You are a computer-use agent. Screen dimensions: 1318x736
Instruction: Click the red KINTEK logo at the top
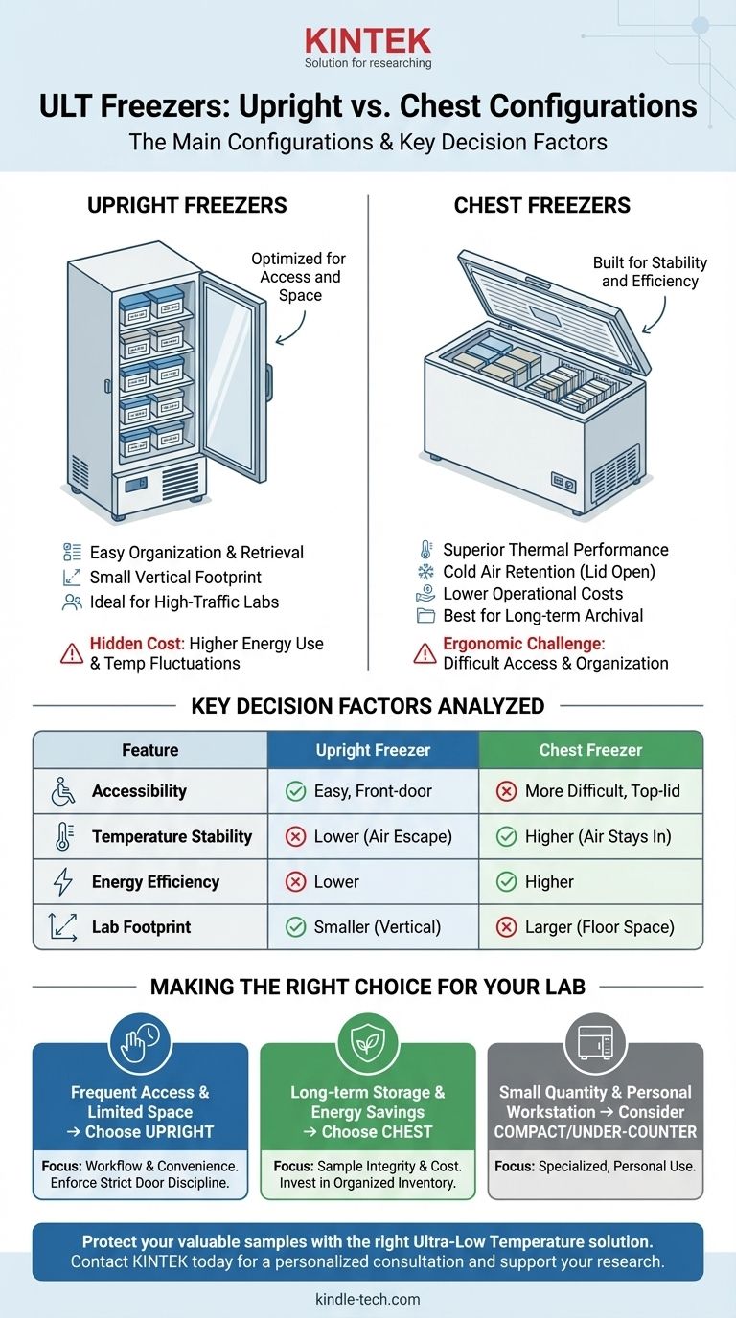point(368,40)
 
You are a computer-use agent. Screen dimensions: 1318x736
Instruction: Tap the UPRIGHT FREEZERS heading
point(187,206)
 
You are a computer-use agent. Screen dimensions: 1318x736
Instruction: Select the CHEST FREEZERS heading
point(541,206)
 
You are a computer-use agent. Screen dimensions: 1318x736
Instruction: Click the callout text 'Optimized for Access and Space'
point(298,277)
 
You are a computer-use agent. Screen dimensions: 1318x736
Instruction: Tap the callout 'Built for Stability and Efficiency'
point(650,271)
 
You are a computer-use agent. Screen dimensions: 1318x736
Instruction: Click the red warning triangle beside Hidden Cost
point(71,653)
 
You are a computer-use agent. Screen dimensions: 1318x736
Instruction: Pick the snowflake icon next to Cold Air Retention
point(425,572)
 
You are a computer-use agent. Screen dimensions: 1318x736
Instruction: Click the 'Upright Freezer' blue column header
point(373,750)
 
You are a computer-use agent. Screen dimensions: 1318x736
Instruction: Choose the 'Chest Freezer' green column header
point(590,750)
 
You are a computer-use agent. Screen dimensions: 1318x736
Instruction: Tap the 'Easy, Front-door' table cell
point(373,791)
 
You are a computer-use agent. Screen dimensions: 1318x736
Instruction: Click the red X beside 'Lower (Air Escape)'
point(295,836)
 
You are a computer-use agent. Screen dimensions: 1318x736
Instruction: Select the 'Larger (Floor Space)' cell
point(590,927)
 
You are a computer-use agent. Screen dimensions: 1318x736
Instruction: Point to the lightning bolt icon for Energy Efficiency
point(62,881)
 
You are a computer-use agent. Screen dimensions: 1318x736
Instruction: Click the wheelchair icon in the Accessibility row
point(62,791)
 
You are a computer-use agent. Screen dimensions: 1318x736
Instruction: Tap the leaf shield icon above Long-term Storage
point(368,1042)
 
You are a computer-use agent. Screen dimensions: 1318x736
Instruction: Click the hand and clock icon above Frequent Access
point(140,1042)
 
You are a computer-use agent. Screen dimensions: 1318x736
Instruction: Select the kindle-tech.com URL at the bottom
point(368,1300)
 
